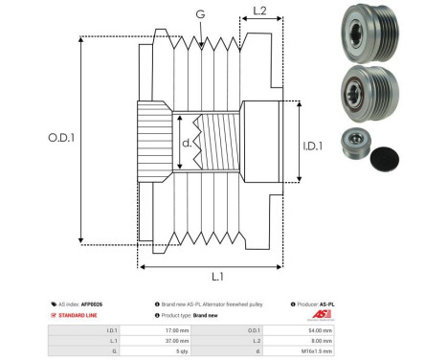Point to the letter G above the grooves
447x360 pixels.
pos(199,13)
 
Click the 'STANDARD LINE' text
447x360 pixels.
pos(78,314)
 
